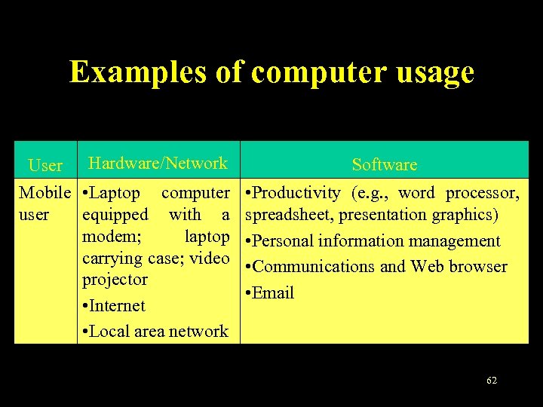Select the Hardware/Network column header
pos(158,163)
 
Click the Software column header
pos(384,164)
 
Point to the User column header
pos(45,165)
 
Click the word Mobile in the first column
pos(45,193)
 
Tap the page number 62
pos(492,381)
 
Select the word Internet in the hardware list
pos(120,305)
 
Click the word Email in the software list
pos(274,292)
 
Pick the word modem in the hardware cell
pos(103,237)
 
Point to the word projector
pos(115,279)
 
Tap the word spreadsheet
pos(290,215)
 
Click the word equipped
pos(115,215)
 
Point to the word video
pos(210,258)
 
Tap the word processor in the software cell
pos(482,193)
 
